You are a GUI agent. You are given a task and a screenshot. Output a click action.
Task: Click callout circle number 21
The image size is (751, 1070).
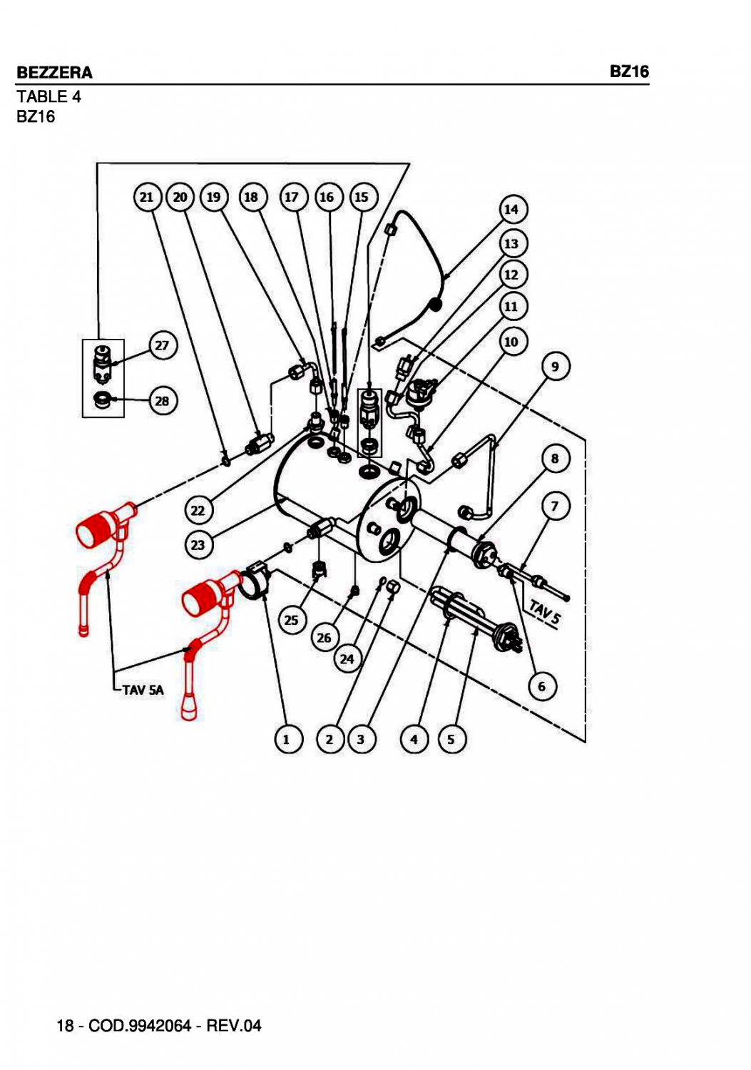(x=147, y=197)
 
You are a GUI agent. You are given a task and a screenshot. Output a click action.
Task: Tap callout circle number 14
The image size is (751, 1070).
(x=511, y=210)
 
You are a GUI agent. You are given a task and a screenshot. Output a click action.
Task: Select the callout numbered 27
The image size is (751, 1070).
(x=163, y=346)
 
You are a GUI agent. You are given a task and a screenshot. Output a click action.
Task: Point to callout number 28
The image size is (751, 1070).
(x=163, y=401)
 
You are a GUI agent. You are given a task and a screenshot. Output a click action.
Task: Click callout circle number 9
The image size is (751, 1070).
(x=556, y=367)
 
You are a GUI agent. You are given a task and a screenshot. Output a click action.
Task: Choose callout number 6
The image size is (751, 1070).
(x=542, y=686)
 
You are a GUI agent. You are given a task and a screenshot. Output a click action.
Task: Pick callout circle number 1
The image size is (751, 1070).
(x=287, y=739)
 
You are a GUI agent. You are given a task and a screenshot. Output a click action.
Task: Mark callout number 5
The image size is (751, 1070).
(x=451, y=739)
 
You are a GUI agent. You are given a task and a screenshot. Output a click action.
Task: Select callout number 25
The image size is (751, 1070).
(x=292, y=620)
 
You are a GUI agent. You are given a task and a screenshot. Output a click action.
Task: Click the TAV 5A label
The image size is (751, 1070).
(x=143, y=690)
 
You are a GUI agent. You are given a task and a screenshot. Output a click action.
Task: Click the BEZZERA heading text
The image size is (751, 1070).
(x=54, y=73)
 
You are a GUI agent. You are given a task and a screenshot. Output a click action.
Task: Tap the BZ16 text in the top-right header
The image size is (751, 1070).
(x=629, y=71)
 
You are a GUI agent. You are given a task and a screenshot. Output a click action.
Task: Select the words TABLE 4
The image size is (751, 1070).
(x=48, y=96)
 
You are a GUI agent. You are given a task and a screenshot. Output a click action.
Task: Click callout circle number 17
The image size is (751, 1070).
(x=292, y=197)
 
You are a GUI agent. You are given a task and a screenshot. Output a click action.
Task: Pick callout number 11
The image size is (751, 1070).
(x=511, y=307)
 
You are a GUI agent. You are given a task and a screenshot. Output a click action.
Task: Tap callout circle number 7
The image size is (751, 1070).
(x=556, y=507)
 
